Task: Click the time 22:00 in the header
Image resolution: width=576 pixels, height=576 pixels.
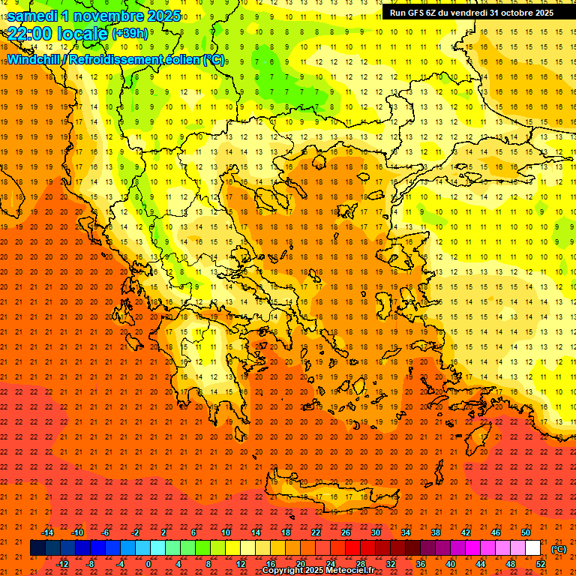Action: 31,34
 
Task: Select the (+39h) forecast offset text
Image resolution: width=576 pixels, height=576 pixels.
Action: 129,34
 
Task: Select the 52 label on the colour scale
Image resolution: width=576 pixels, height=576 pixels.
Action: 540,564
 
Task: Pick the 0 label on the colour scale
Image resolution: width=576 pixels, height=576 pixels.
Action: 148,564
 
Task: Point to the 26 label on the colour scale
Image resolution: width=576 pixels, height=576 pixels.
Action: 345,532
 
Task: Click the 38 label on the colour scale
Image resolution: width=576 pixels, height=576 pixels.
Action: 435,532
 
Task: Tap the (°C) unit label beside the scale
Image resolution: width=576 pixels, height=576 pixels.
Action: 559,549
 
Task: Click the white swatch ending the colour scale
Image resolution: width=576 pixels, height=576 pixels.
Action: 532,548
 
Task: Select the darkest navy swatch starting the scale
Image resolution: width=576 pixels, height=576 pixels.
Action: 37,548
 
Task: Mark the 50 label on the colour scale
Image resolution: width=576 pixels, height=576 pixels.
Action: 525,532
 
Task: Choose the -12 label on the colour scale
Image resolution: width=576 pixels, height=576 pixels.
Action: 62,564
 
